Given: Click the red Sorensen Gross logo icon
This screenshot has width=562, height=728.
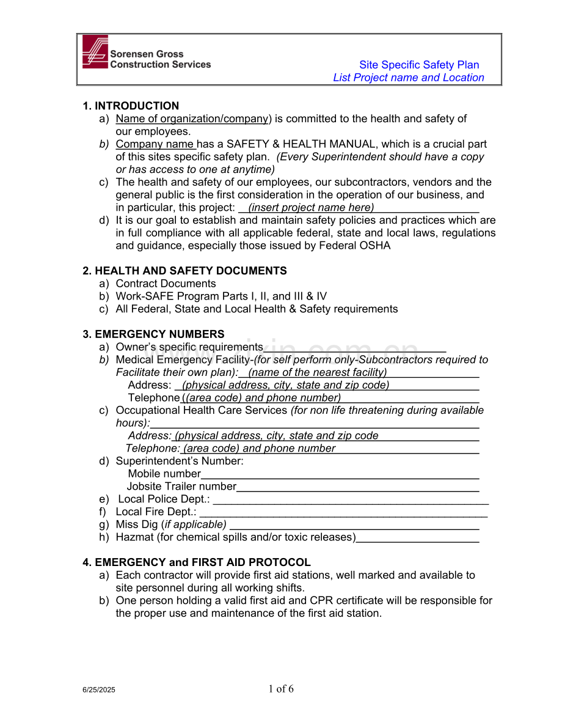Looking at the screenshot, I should pos(95,52).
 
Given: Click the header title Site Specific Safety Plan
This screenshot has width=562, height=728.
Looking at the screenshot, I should pos(418,65).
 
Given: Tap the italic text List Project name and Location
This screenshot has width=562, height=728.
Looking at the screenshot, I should pos(408,78).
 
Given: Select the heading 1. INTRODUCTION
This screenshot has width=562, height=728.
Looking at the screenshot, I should pos(131,106).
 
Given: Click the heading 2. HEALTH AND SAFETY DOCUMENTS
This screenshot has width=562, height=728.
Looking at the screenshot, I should pos(184,271).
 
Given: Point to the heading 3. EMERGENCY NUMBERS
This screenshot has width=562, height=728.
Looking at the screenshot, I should pos(153,334).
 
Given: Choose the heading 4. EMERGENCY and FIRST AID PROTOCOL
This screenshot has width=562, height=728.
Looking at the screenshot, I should pos(197,562).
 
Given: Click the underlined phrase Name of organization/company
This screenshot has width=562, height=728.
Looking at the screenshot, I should pos(192,119).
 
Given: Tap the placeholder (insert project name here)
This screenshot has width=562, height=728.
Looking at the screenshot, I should pos(311,207).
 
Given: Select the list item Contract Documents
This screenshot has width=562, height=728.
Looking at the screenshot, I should pos(166,284).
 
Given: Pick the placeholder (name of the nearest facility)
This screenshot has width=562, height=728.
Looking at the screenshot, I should pos(317,372).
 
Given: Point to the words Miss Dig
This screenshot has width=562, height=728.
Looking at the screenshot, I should pos(137,524).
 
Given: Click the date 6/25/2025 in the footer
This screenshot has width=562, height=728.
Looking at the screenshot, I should pos(99,689).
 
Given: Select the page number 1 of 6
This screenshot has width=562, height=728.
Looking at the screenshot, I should pos(281,689).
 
